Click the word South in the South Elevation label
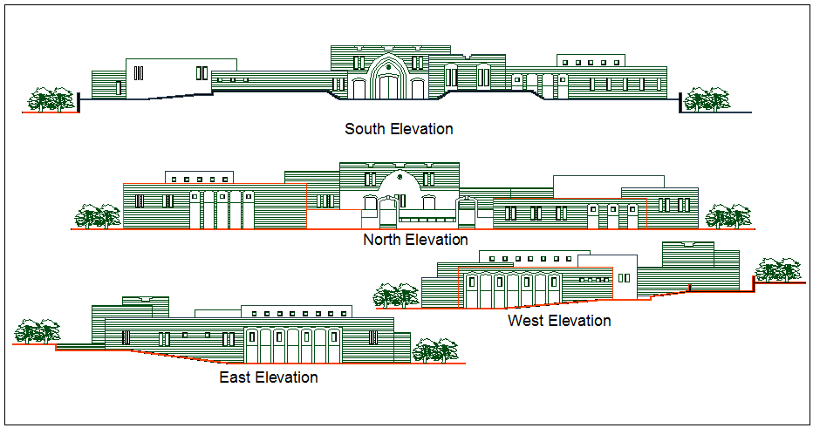365,129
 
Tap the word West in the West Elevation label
525,321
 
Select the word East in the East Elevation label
236,377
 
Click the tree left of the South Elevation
51,99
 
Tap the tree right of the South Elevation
706,99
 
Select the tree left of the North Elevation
97,216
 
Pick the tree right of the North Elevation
728,216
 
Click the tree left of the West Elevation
397,296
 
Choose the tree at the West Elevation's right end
778,269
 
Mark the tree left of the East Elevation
38,332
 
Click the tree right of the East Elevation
434,351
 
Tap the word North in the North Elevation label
380,240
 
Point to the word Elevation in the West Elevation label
578,321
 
